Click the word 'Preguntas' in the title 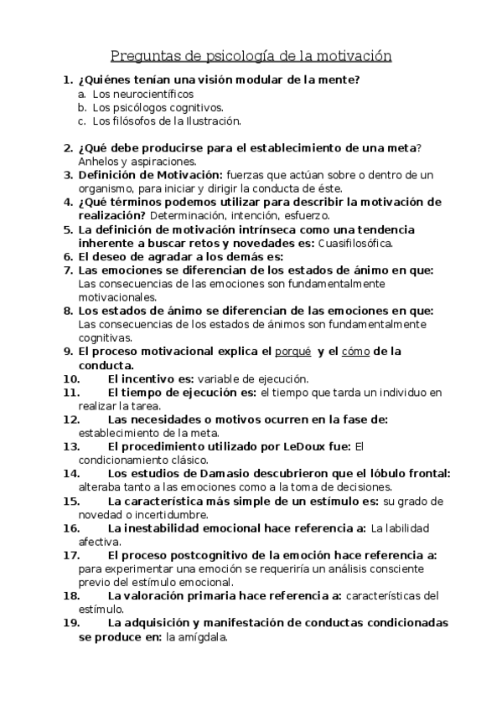point(144,57)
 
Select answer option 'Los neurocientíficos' point(137,94)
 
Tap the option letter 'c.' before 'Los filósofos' point(82,121)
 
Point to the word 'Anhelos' point(98,162)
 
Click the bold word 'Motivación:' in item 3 point(189,175)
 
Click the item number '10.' point(72,378)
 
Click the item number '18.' point(72,596)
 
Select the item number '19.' point(72,623)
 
